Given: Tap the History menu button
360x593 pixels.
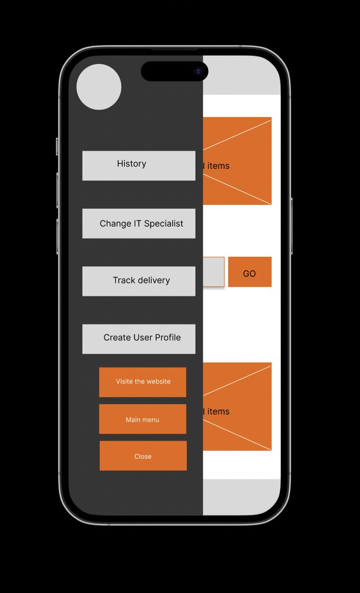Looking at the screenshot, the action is click(139, 166).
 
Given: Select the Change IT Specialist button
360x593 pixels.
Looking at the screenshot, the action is click(139, 223).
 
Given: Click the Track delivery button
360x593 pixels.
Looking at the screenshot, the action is click(139, 281).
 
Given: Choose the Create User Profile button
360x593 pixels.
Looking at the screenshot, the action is click(139, 339).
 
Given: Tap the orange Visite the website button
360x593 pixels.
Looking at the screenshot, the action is click(143, 382).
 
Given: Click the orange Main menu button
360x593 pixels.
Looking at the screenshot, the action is click(143, 419).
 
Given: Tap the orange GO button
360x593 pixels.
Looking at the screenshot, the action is click(250, 272).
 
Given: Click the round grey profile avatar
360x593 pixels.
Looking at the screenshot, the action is click(99, 87).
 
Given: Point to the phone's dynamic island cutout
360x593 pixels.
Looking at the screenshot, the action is click(175, 71).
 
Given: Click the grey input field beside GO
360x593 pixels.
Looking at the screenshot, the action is click(214, 272).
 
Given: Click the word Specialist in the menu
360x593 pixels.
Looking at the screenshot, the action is click(164, 224).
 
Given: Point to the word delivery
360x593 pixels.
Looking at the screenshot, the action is click(154, 280).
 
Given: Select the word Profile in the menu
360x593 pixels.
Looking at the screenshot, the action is click(168, 338).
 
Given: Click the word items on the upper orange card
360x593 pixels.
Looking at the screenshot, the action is click(218, 166).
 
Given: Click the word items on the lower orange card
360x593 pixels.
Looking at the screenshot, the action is click(218, 412).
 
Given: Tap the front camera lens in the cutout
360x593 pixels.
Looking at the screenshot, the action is click(198, 71).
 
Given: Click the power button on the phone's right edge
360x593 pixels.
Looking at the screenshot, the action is click(292, 226).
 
